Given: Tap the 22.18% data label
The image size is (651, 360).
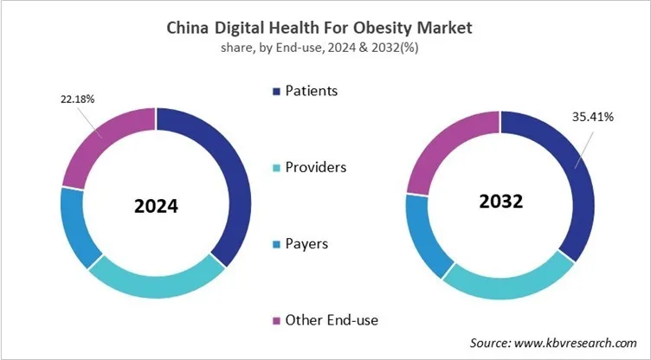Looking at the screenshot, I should click(77, 100).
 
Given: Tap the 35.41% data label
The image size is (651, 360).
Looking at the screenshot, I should click(591, 117).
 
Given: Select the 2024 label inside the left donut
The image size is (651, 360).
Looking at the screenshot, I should click(156, 207).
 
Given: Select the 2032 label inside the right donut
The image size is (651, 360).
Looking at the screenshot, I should click(500, 202).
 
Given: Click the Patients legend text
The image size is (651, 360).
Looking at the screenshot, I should click(312, 90).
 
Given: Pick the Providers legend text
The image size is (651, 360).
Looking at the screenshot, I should click(316, 167).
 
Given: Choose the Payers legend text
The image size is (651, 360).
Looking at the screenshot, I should click(308, 243).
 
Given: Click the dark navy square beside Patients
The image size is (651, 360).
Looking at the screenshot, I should click(276, 91).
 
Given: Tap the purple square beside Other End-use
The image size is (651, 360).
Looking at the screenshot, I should click(276, 321).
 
